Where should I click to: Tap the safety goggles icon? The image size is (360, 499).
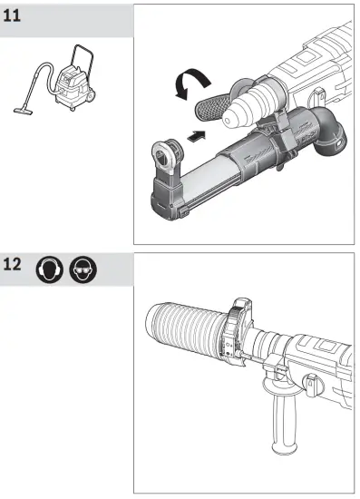tap(83, 270)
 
